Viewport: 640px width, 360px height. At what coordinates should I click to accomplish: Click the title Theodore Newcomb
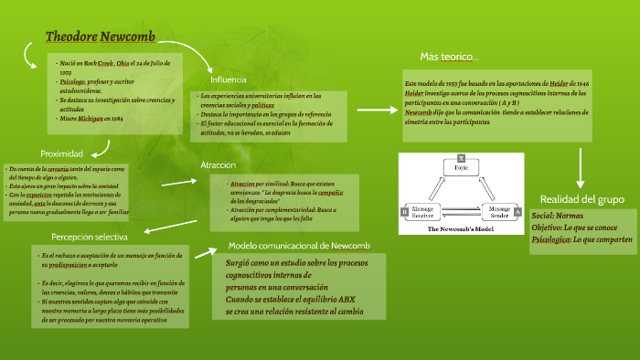(x=101, y=37)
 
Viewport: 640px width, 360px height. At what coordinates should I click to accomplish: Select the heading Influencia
(x=229, y=79)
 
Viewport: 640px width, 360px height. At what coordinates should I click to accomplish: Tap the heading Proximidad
(x=62, y=154)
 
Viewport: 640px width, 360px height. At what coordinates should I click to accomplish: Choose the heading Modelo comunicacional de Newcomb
(x=299, y=245)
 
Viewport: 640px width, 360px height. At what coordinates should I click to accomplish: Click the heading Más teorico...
(x=449, y=58)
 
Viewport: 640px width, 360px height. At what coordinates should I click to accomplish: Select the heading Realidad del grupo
(x=582, y=199)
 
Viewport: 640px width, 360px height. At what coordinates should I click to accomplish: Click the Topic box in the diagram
(x=461, y=169)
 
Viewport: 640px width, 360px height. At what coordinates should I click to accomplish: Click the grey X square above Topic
(x=461, y=157)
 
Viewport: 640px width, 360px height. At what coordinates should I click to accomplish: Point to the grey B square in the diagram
(x=403, y=212)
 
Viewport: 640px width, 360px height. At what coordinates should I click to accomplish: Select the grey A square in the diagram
(x=518, y=212)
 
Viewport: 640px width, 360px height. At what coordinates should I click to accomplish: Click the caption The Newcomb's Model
(x=461, y=229)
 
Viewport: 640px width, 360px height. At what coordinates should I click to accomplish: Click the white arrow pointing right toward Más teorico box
(x=375, y=109)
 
